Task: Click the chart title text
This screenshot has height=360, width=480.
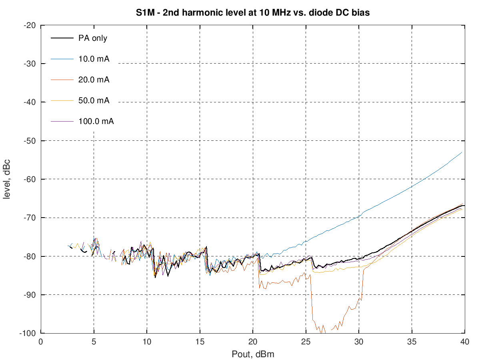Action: click(x=252, y=13)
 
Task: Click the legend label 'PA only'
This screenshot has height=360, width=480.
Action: click(x=93, y=38)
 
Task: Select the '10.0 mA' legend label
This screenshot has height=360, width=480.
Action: click(x=94, y=59)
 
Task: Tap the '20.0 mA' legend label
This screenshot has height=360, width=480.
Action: click(x=94, y=80)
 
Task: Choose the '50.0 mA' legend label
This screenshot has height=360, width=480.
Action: click(x=94, y=100)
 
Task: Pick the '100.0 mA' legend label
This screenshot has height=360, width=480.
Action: click(x=96, y=121)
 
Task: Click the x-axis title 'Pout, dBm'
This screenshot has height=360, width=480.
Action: click(x=253, y=354)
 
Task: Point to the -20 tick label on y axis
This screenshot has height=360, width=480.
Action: click(x=30, y=25)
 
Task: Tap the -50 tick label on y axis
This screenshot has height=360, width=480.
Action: click(x=30, y=141)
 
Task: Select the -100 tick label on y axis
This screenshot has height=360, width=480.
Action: click(x=28, y=333)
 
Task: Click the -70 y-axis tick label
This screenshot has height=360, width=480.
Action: click(x=30, y=218)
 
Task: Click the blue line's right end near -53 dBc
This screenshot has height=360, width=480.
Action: click(x=462, y=152)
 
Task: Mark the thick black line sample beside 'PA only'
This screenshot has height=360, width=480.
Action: click(x=62, y=38)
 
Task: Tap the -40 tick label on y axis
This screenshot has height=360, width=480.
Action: click(x=30, y=102)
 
